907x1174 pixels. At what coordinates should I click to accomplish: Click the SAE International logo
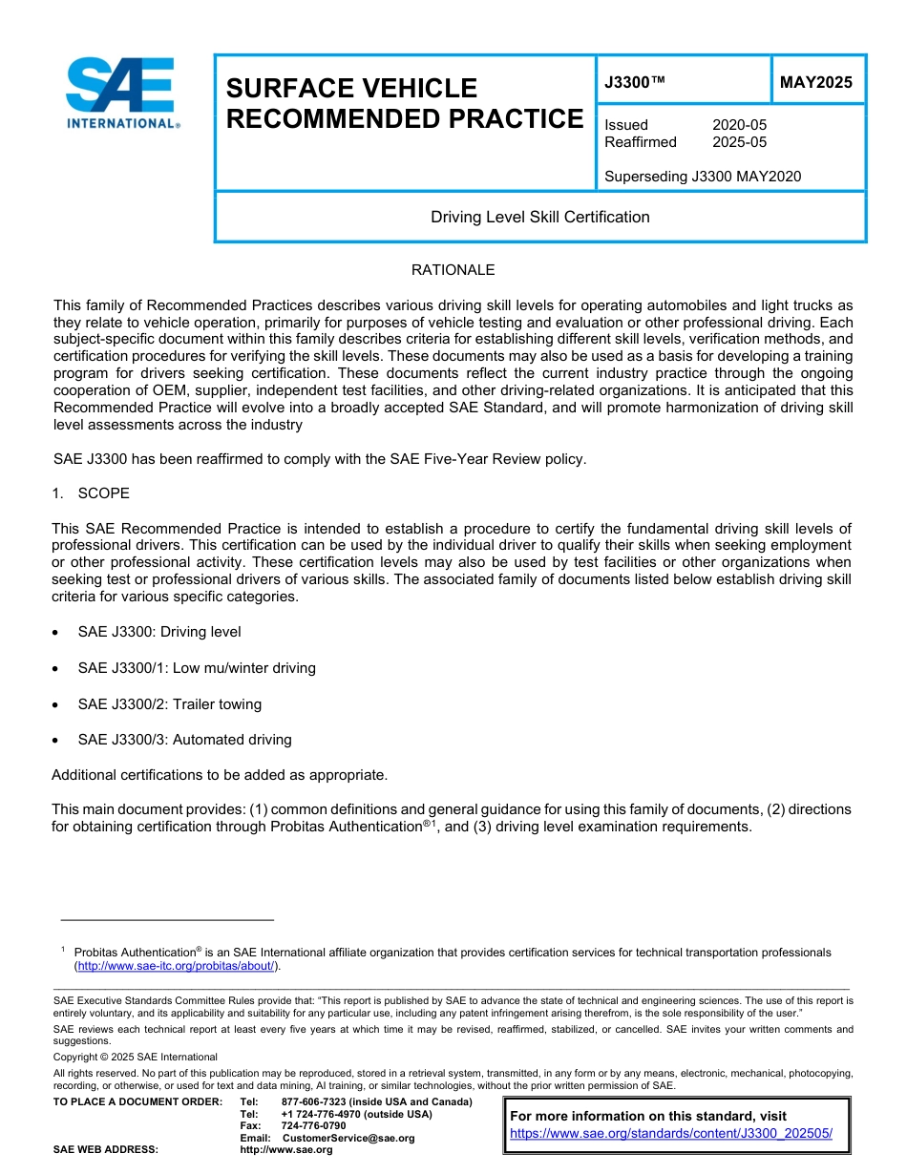(121, 93)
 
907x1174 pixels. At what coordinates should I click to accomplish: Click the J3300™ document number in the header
(634, 82)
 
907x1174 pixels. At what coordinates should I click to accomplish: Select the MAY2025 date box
(816, 82)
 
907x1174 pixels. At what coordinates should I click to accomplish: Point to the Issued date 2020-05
(739, 125)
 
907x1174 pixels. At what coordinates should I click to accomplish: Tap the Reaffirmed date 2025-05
(739, 142)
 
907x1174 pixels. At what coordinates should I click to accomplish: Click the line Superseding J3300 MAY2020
(703, 176)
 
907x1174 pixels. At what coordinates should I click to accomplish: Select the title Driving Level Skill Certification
(539, 217)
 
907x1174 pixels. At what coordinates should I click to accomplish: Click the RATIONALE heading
(453, 270)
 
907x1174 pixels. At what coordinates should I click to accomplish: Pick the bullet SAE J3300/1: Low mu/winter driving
(196, 668)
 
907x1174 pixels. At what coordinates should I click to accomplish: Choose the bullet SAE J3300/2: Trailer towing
(169, 704)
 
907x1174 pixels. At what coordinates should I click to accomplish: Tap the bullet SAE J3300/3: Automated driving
(184, 740)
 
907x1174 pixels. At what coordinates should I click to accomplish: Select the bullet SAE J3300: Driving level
(158, 632)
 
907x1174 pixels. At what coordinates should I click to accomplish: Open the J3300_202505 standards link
(671, 1133)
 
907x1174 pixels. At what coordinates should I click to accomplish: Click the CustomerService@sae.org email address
(348, 1138)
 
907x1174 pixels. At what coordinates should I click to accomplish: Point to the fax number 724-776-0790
(313, 1126)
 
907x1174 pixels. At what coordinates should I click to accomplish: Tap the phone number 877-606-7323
(314, 1102)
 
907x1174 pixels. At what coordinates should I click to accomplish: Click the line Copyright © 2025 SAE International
(135, 1057)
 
